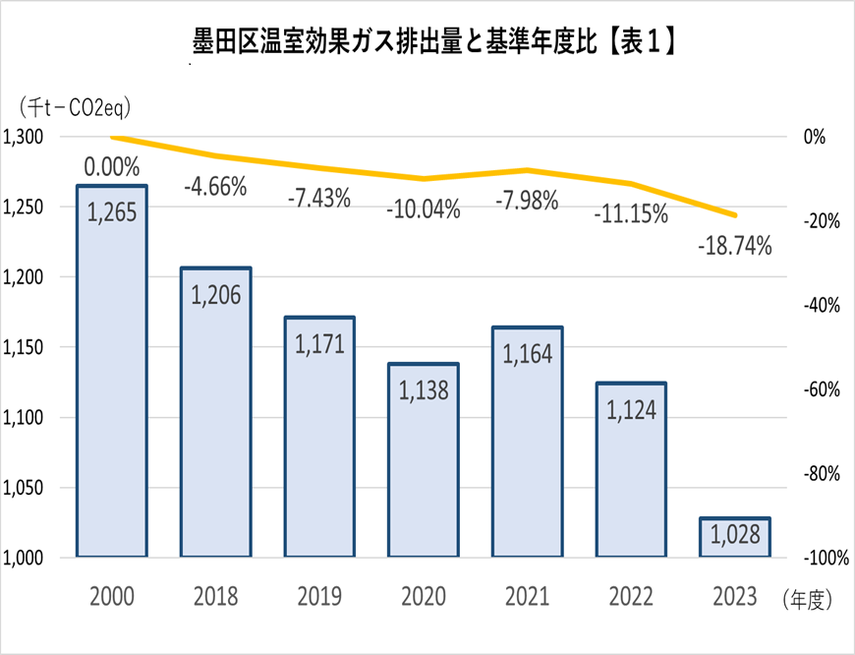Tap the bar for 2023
(x=735, y=538)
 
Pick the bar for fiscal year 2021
(x=528, y=443)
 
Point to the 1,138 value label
(x=424, y=390)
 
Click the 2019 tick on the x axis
(x=319, y=597)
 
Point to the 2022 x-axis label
(x=631, y=597)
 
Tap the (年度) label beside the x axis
(x=808, y=597)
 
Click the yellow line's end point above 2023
(x=735, y=215)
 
